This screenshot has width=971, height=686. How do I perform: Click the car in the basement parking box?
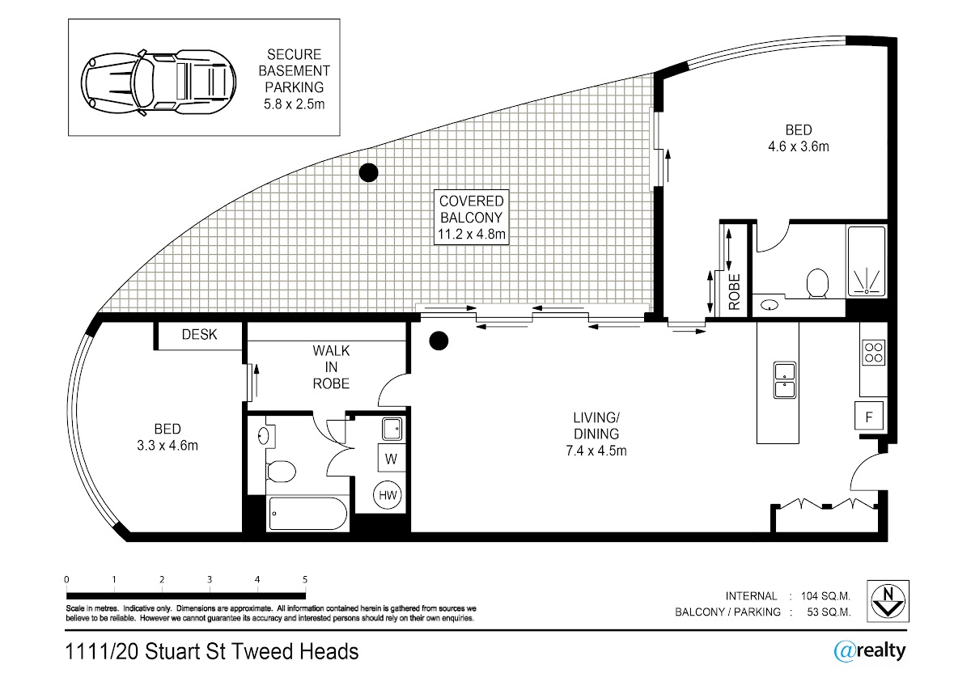pos(159,83)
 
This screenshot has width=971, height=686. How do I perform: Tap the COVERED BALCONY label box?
pos(471,218)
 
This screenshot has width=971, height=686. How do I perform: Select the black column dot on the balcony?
pos(368,172)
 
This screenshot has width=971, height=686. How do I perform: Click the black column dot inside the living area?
pos(439,341)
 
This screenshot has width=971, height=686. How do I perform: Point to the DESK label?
pos(199,335)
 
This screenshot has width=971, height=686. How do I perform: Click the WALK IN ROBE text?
pos(331,367)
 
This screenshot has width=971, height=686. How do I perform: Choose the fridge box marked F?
pos(869,416)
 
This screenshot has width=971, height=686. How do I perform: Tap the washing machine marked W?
pos(391,459)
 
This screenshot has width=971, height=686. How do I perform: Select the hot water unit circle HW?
pos(388,495)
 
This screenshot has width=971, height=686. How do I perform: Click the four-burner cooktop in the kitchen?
pos(873,353)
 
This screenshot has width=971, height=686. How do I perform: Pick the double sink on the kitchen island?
pos(785,380)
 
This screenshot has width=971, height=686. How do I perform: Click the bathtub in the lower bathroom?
pos(307,514)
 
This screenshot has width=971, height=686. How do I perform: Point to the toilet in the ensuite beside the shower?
pos(817,284)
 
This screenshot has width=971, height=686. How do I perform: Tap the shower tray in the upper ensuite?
pos(867,262)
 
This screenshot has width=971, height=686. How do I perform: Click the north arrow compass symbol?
pos(888,601)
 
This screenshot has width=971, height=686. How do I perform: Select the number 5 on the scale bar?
pos(305,579)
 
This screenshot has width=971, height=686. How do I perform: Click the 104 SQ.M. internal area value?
pos(825,596)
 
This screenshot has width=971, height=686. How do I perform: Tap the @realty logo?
pos(870,652)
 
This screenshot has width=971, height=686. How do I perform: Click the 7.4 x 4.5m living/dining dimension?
pos(596,451)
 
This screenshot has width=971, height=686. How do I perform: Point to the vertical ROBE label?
pos(735,292)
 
